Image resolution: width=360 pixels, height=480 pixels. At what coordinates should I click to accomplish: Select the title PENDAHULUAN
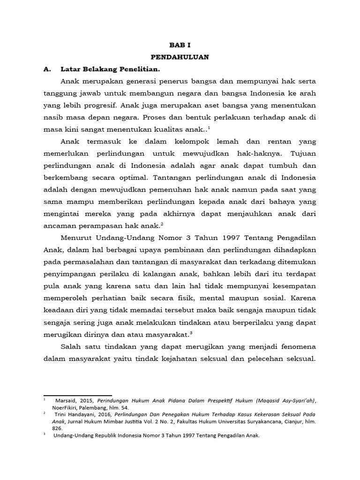(x=180, y=57)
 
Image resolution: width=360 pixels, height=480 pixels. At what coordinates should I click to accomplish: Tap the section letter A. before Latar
(x=46, y=69)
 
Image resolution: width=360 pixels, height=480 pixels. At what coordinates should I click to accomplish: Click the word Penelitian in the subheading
(x=131, y=69)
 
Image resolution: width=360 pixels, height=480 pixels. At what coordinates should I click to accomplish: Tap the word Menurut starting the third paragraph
(x=75, y=239)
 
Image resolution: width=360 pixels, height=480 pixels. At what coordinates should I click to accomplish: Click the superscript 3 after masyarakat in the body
(x=192, y=332)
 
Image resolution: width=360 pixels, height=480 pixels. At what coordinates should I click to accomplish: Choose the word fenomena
(x=295, y=346)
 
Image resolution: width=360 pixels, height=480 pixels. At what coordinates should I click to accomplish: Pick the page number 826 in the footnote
(x=57, y=428)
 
